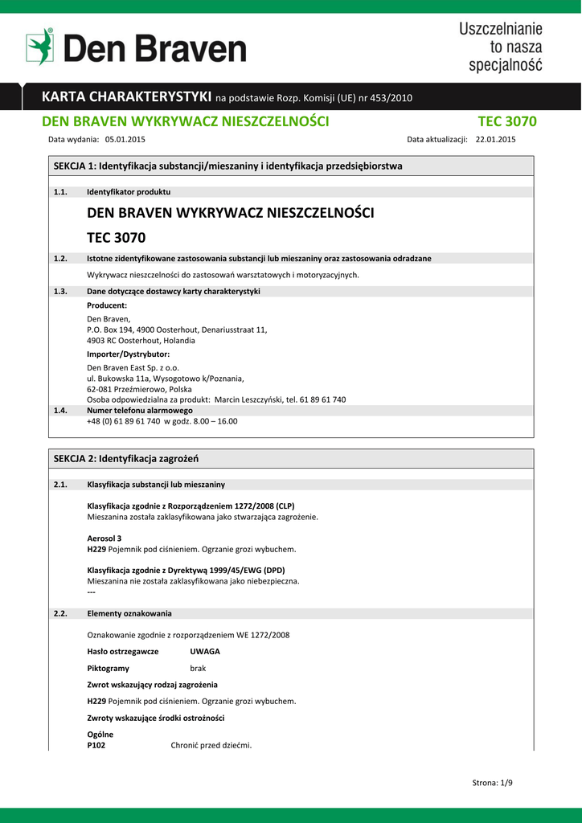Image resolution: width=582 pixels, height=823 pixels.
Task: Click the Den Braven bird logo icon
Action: click(39, 47)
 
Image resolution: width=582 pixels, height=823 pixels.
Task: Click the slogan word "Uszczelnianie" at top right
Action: click(501, 30)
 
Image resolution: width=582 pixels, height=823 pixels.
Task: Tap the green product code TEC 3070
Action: click(507, 122)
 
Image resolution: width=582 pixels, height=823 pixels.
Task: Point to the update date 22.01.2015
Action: click(496, 139)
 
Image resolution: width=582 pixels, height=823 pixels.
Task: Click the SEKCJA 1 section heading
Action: click(227, 166)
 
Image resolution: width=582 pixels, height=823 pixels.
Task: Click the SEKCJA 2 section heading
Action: click(125, 458)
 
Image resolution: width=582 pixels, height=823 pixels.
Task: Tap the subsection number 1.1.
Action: click(60, 192)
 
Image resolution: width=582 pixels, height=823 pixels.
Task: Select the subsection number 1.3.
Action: click(60, 292)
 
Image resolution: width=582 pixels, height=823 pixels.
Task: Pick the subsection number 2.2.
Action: click(60, 614)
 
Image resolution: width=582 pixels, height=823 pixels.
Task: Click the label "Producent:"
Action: click(107, 305)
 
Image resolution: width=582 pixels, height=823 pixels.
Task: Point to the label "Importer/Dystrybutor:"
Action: click(128, 354)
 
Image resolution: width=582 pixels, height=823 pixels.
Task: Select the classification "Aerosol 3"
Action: click(105, 538)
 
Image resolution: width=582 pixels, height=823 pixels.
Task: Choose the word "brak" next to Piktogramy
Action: click(198, 668)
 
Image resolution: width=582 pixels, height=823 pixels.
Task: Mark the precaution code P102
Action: click(96, 745)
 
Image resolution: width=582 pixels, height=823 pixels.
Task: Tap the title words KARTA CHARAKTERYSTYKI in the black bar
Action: click(127, 97)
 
